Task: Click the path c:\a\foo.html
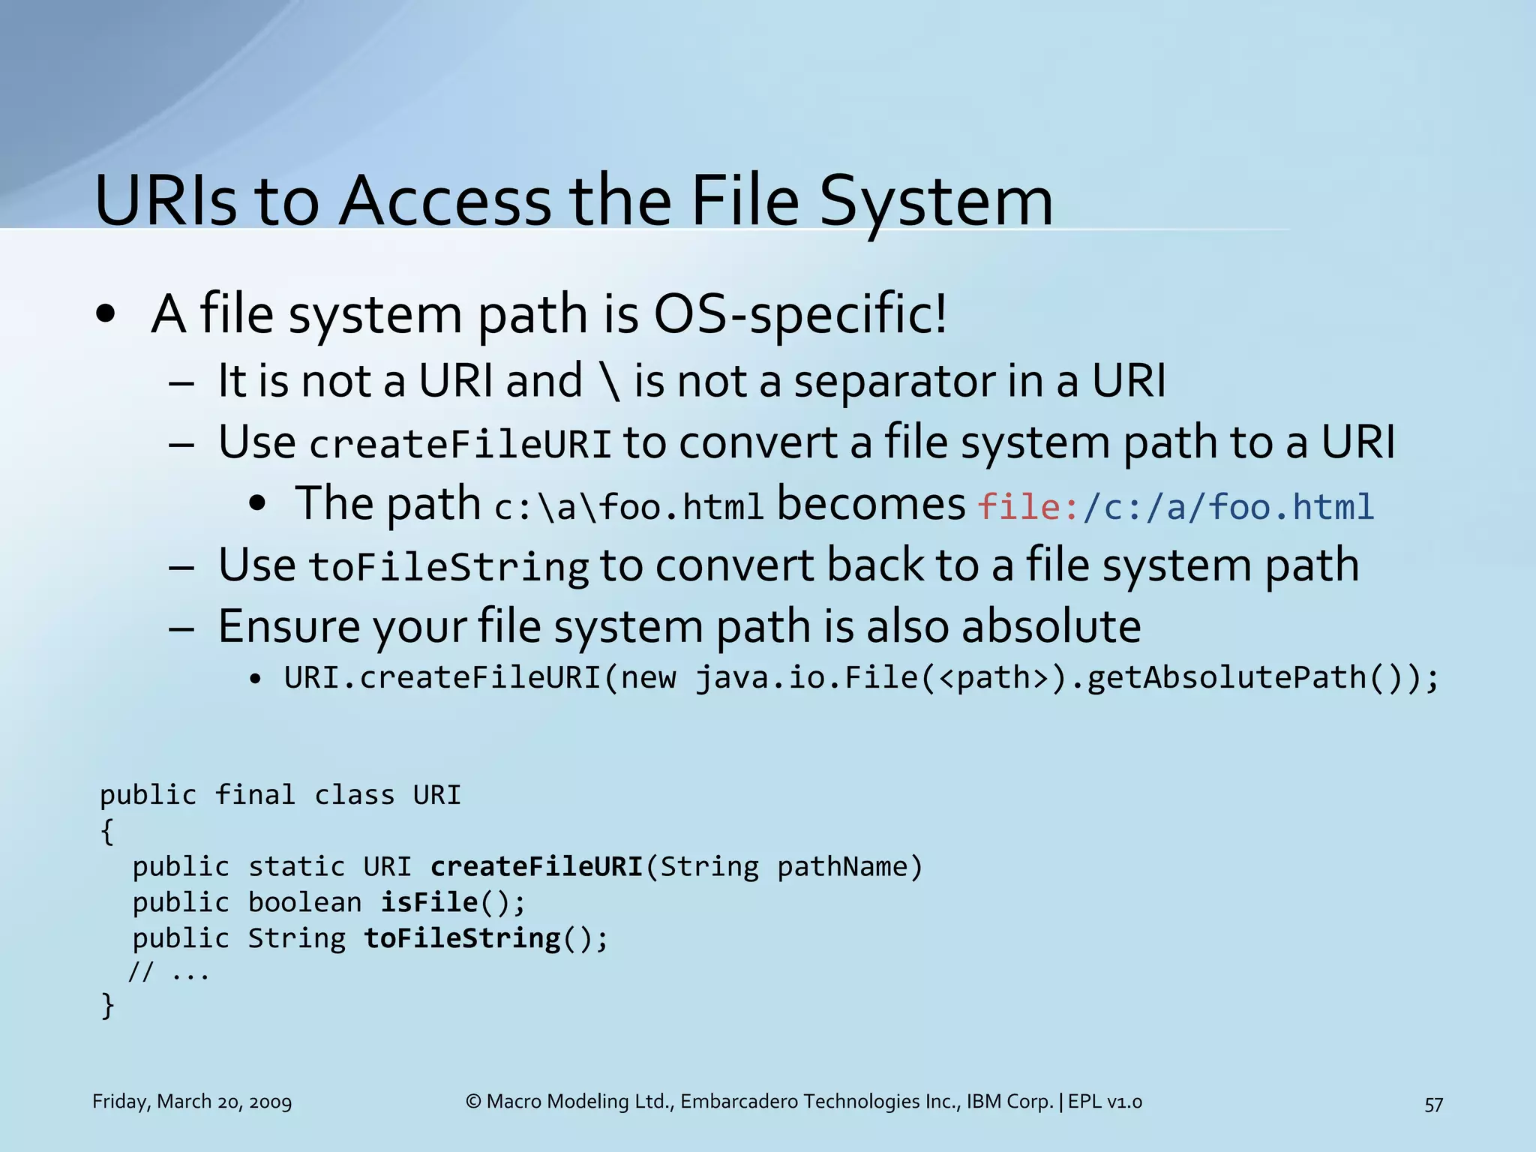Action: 628,507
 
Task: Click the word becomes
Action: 871,504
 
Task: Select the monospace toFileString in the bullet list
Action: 448,567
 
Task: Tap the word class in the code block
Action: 354,795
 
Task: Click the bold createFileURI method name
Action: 537,867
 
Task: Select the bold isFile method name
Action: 429,902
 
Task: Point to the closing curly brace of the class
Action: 108,1005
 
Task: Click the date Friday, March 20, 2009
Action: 192,1102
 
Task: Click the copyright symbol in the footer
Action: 473,1102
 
